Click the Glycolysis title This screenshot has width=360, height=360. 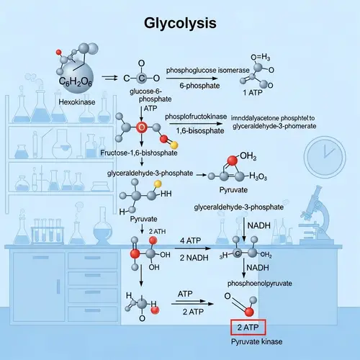[x=180, y=24]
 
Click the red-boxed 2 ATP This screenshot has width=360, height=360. [x=248, y=328]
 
